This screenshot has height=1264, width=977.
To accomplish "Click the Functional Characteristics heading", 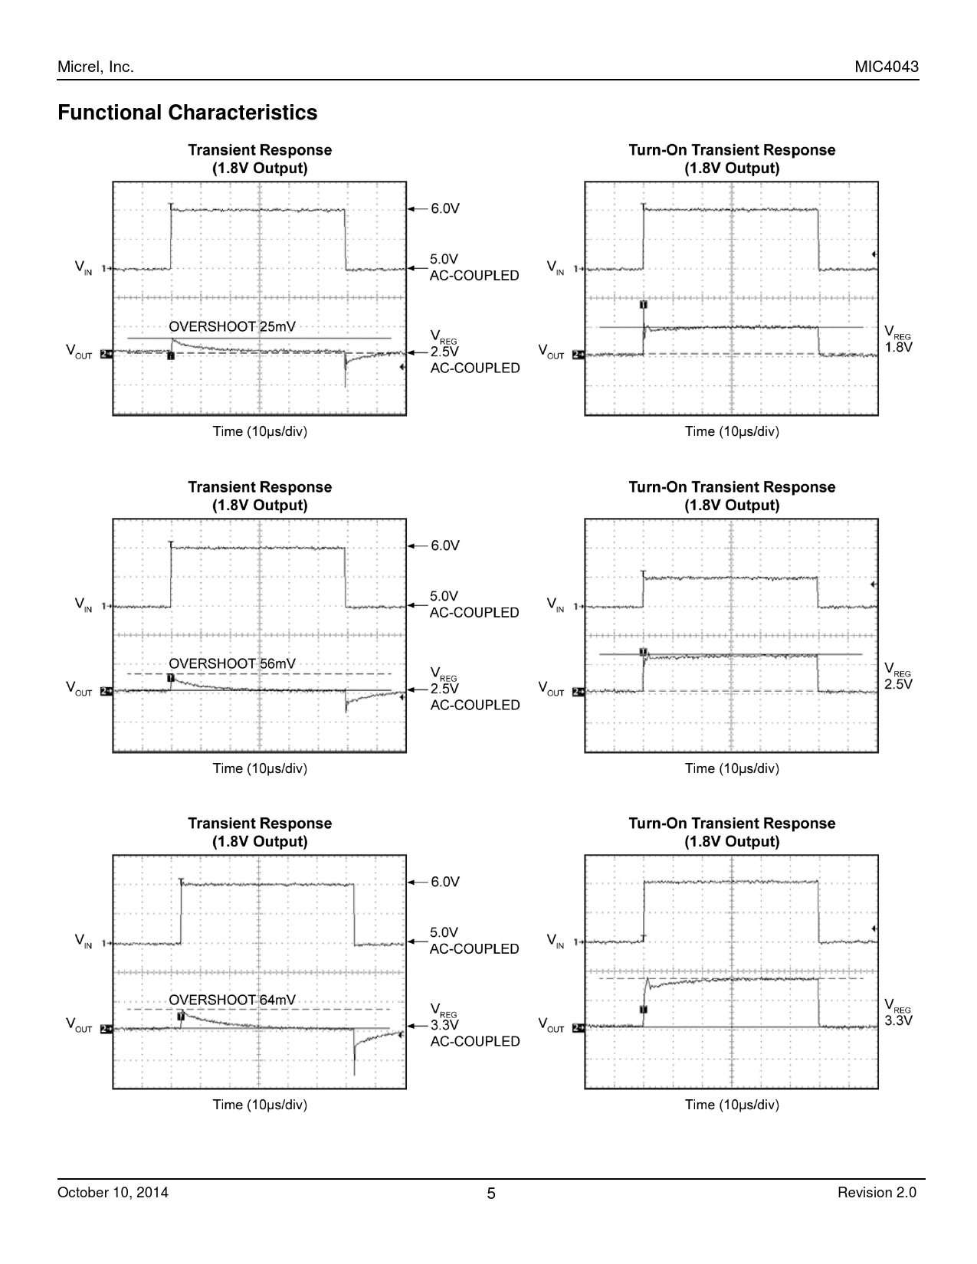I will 187,113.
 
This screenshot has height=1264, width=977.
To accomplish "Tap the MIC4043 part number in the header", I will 887,67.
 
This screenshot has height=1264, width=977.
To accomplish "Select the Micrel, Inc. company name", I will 96,67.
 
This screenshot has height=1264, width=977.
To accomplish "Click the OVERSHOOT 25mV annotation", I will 231,327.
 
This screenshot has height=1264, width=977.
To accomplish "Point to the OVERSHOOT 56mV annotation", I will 231,663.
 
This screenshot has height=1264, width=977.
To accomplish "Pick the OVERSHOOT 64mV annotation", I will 231,1000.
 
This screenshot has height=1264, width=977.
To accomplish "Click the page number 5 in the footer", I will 491,1194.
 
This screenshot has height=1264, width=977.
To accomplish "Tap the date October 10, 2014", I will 113,1193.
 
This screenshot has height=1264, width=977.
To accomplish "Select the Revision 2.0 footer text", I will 877,1193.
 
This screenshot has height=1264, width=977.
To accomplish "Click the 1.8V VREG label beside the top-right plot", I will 899,347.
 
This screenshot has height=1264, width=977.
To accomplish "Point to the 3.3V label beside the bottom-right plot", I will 899,1021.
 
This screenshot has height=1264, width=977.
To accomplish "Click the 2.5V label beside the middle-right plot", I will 899,684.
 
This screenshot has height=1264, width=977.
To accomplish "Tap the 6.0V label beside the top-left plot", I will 444,208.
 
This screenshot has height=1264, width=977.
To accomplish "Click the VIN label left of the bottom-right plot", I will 555,941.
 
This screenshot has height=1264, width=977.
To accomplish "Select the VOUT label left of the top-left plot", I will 78,352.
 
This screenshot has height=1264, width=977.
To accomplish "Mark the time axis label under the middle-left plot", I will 260,768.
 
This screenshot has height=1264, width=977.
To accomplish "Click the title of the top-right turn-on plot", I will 732,159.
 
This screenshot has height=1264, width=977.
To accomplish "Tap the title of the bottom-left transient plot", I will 260,832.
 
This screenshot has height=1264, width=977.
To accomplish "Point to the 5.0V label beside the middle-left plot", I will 444,596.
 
